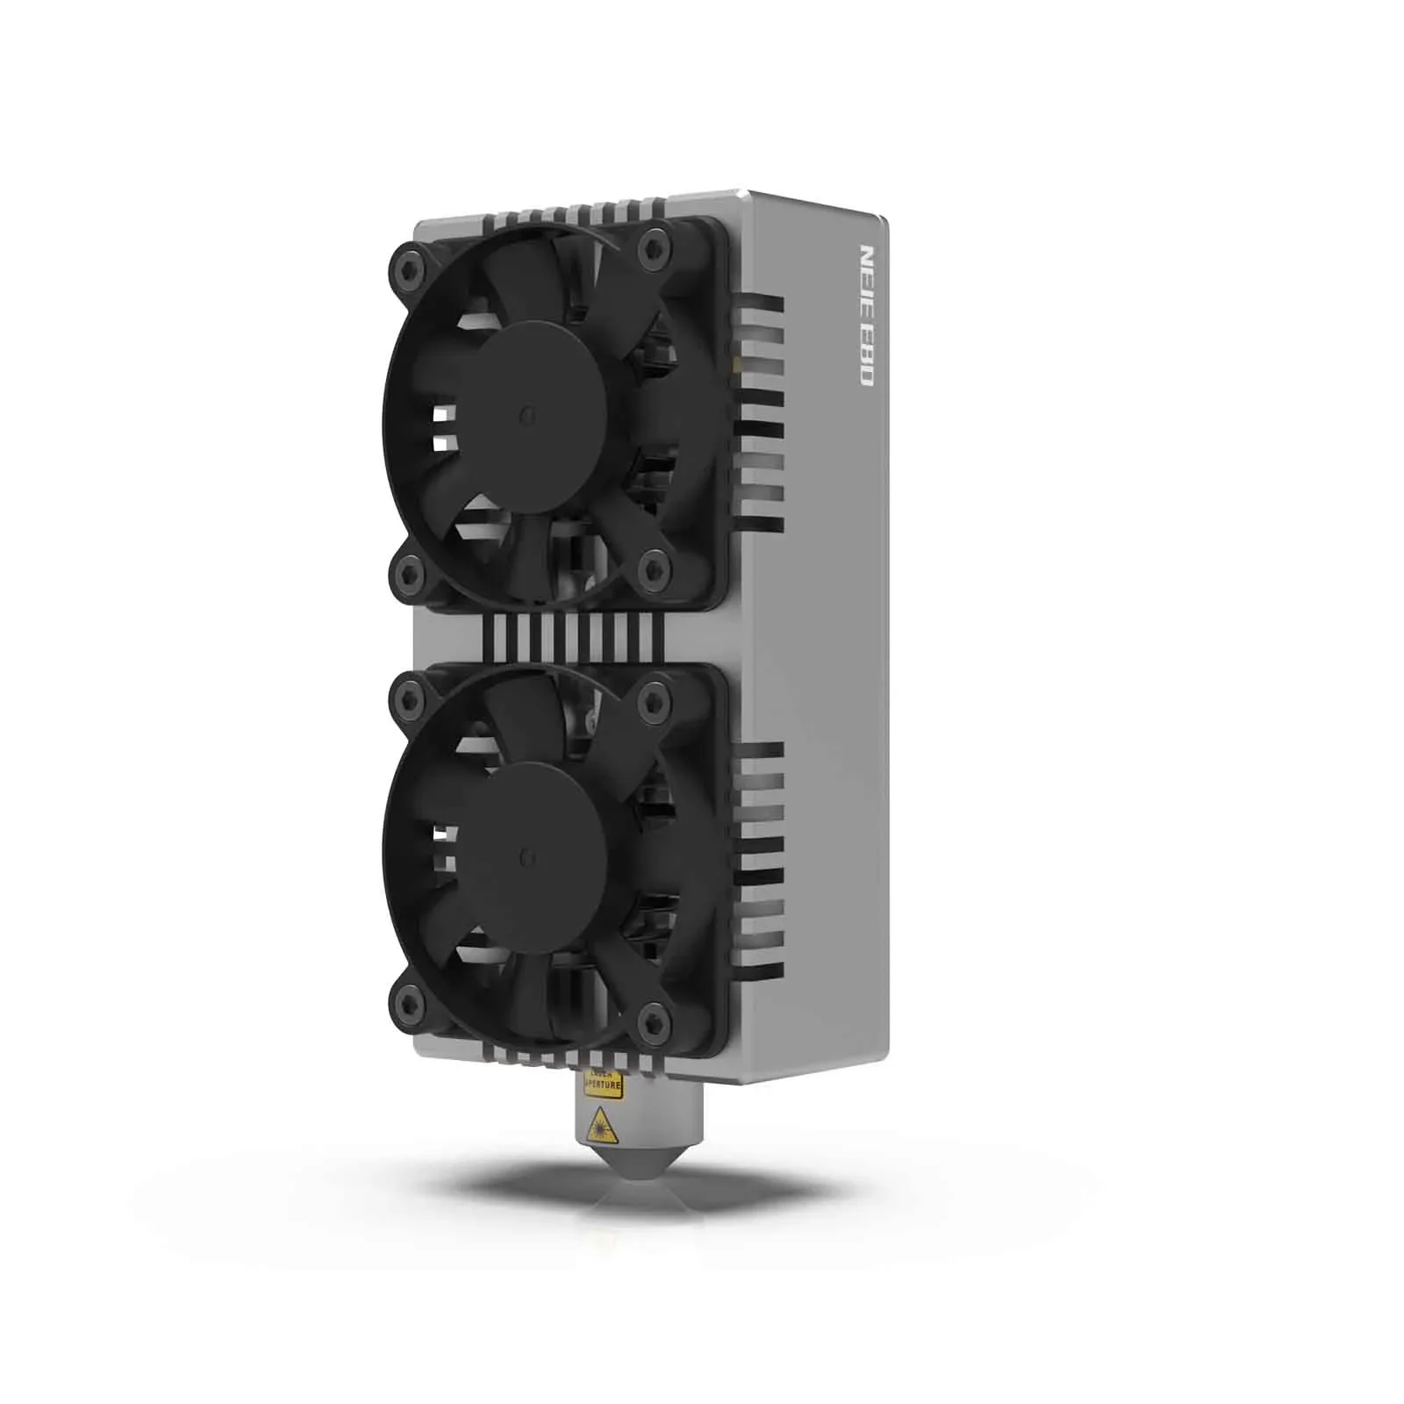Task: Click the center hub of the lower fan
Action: [x=528, y=853]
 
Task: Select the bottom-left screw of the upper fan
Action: [x=408, y=573]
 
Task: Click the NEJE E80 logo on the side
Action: [x=865, y=316]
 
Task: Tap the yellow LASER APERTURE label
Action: [x=604, y=1085]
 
